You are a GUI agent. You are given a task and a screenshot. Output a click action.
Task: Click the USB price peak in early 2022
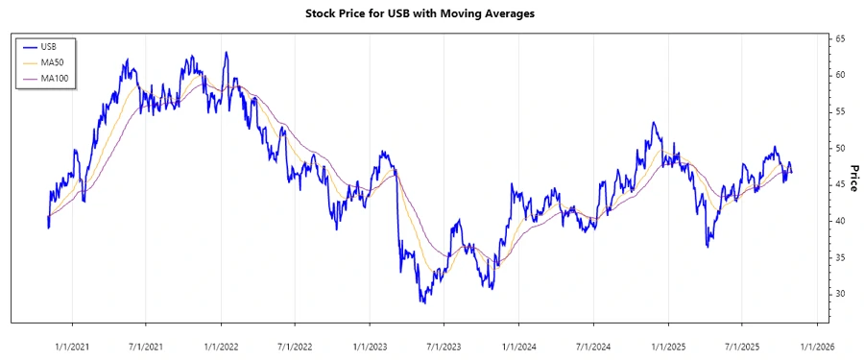[x=227, y=53]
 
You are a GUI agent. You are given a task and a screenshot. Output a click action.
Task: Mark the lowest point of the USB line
[x=422, y=302]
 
